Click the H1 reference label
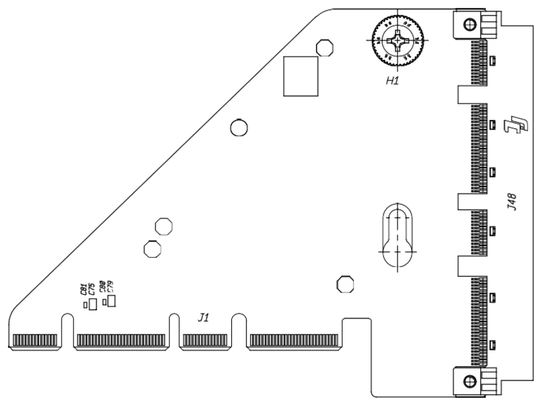tap(392, 80)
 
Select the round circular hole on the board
tap(239, 127)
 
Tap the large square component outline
tap(300, 76)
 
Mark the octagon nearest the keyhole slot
tap(345, 283)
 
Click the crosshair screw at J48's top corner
tap(468, 24)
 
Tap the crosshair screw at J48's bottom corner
tap(468, 381)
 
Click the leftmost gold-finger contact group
tap(35, 340)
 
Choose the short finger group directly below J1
tap(205, 340)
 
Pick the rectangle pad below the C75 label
tap(93, 304)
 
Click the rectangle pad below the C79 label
tap(111, 300)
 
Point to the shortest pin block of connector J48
tap(479, 232)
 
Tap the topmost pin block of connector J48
tap(479, 63)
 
